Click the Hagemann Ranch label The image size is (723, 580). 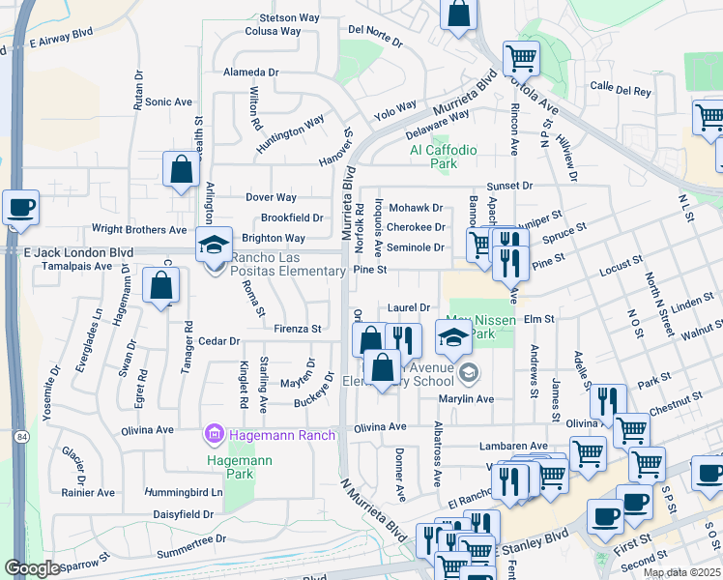pos(282,435)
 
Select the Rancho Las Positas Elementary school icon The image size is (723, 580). pos(215,245)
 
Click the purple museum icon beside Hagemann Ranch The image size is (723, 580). pos(213,435)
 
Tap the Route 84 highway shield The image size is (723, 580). pos(20,437)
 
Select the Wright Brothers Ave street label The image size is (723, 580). pos(138,230)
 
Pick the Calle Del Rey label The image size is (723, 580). pos(621,90)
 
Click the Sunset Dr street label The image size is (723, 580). pos(509,186)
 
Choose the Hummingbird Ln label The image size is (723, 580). pos(183,492)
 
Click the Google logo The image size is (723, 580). pos(33,568)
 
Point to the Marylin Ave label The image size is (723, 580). pos(465,399)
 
